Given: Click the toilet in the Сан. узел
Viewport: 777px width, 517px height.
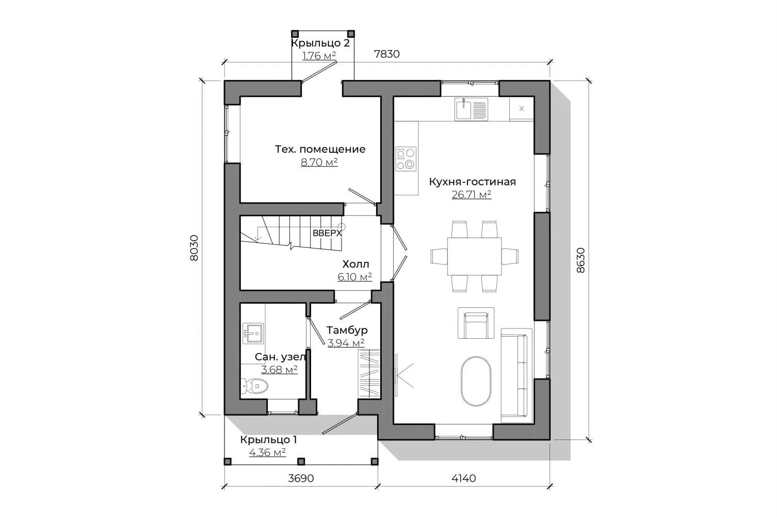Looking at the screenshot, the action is pyautogui.click(x=254, y=386).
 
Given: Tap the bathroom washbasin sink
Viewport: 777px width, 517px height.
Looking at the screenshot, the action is pyautogui.click(x=253, y=333).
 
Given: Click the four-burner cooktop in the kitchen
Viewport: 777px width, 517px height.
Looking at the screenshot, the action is pyautogui.click(x=406, y=159).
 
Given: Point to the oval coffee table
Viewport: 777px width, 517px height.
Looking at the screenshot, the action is pyautogui.click(x=476, y=381).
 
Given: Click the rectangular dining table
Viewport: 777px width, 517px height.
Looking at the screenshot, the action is pyautogui.click(x=474, y=256).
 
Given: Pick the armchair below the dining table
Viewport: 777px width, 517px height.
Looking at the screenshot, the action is pyautogui.click(x=476, y=323).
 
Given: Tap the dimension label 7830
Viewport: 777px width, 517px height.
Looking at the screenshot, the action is pyautogui.click(x=387, y=54).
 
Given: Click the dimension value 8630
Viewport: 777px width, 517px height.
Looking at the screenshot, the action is pyautogui.click(x=580, y=260).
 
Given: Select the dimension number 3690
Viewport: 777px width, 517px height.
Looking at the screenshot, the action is pyautogui.click(x=301, y=478).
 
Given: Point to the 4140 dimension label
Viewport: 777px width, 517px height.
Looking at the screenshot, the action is pyautogui.click(x=464, y=478).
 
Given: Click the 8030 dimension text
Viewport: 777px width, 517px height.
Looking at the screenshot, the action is pyautogui.click(x=194, y=248).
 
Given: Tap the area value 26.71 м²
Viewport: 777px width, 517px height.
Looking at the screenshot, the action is pyautogui.click(x=472, y=195).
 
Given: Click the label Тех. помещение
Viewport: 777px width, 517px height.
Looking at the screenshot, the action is pyautogui.click(x=320, y=149).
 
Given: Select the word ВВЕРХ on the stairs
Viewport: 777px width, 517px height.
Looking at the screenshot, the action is pyautogui.click(x=327, y=233).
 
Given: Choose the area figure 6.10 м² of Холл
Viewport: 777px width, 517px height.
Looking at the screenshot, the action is pyautogui.click(x=355, y=277).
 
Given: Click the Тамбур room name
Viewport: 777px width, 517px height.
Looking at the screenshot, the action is pyautogui.click(x=347, y=330).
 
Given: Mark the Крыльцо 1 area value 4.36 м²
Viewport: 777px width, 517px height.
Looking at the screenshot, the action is pyautogui.click(x=267, y=453).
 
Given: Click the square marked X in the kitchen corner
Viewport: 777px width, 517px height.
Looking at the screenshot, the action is pyautogui.click(x=521, y=108).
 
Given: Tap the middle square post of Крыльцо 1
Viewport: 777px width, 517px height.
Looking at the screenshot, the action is pyautogui.click(x=301, y=461).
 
